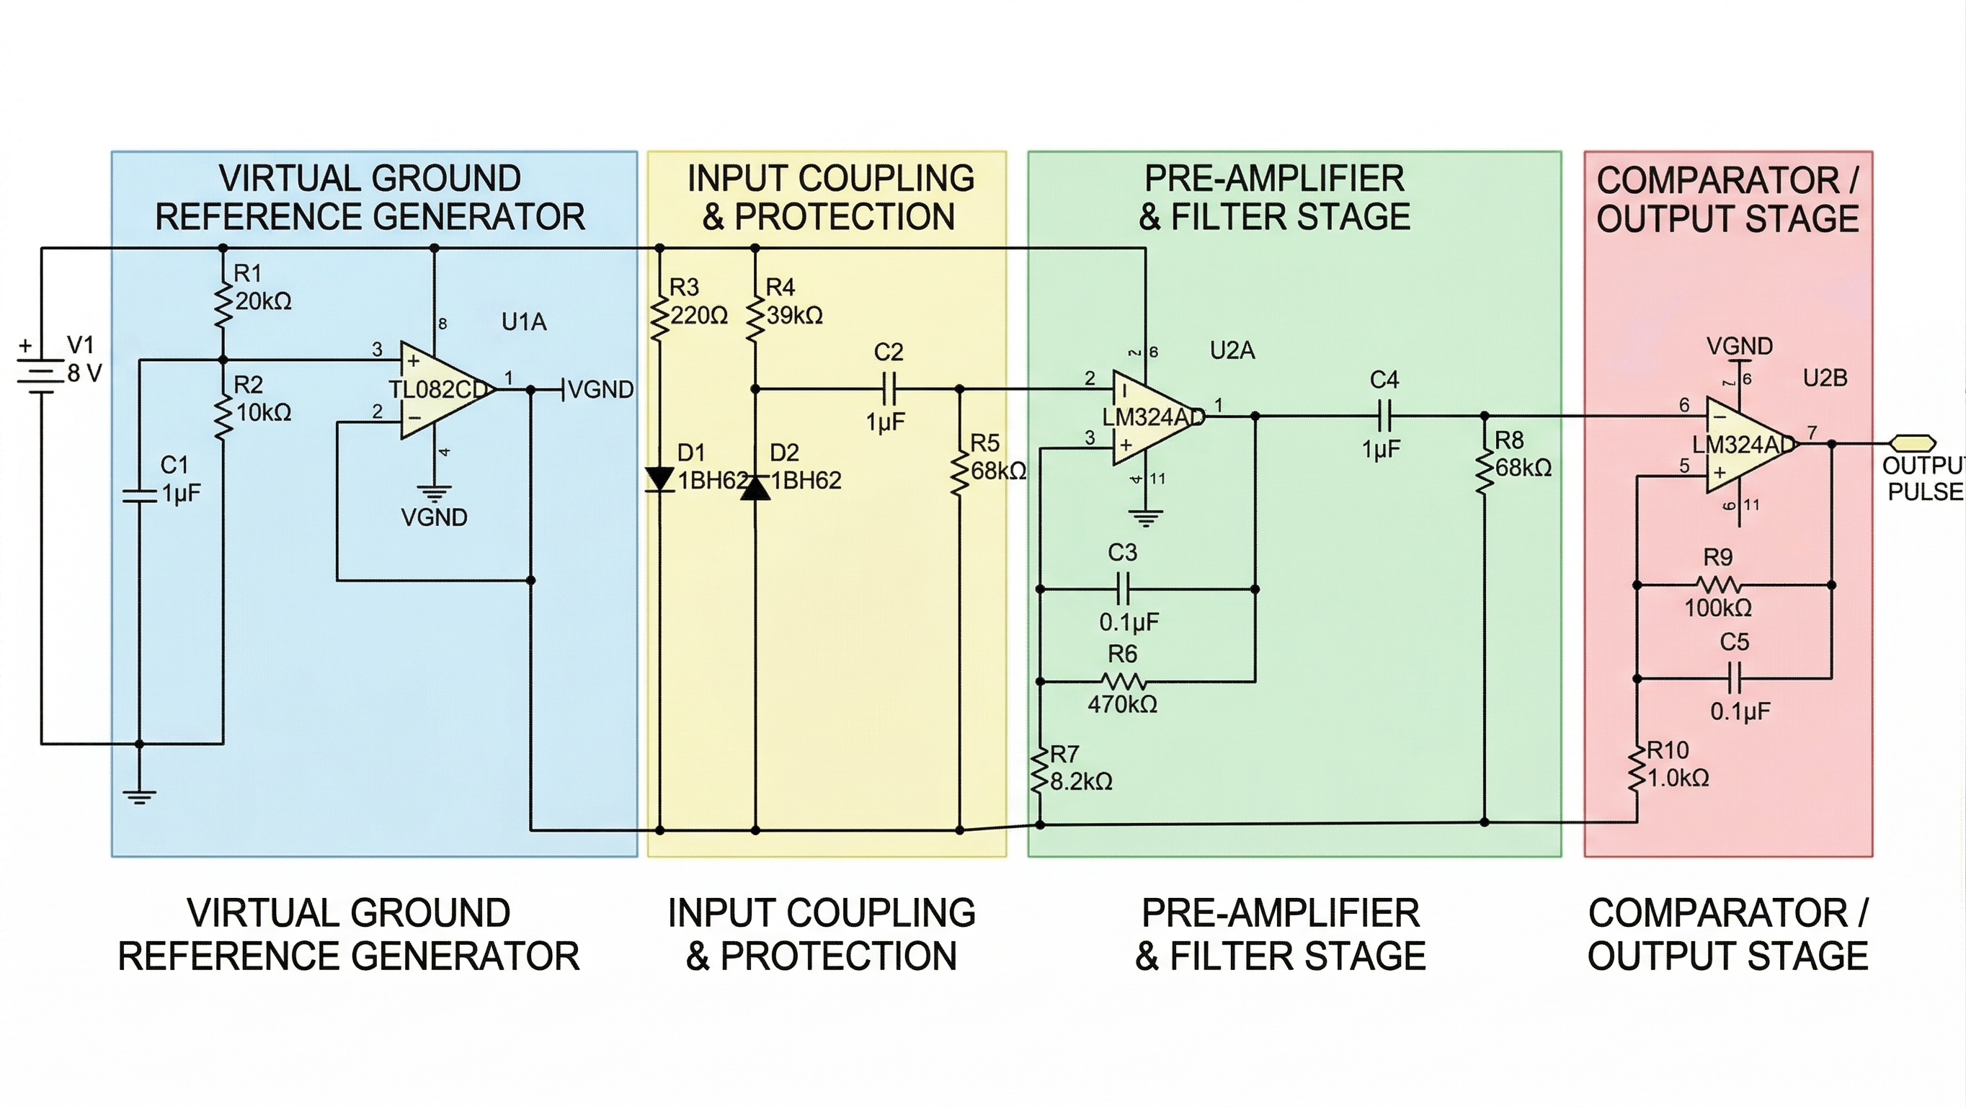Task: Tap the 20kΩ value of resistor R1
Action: tap(263, 301)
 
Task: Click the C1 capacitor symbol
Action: tap(139, 497)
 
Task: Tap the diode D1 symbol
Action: tap(659, 479)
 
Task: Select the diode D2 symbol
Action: tap(755, 487)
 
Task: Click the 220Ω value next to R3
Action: tap(699, 315)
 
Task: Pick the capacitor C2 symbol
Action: tap(889, 389)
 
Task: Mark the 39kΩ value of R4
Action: tap(794, 315)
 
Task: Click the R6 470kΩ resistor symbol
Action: tap(1124, 681)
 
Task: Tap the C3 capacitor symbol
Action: tap(1123, 590)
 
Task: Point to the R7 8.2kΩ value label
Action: tap(1082, 782)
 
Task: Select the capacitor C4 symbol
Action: tap(1385, 417)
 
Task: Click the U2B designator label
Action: tap(1825, 378)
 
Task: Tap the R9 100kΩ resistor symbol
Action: tap(1719, 585)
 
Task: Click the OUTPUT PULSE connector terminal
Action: tap(1913, 443)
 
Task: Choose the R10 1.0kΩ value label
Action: tap(1678, 778)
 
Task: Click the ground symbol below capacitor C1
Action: tap(139, 796)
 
